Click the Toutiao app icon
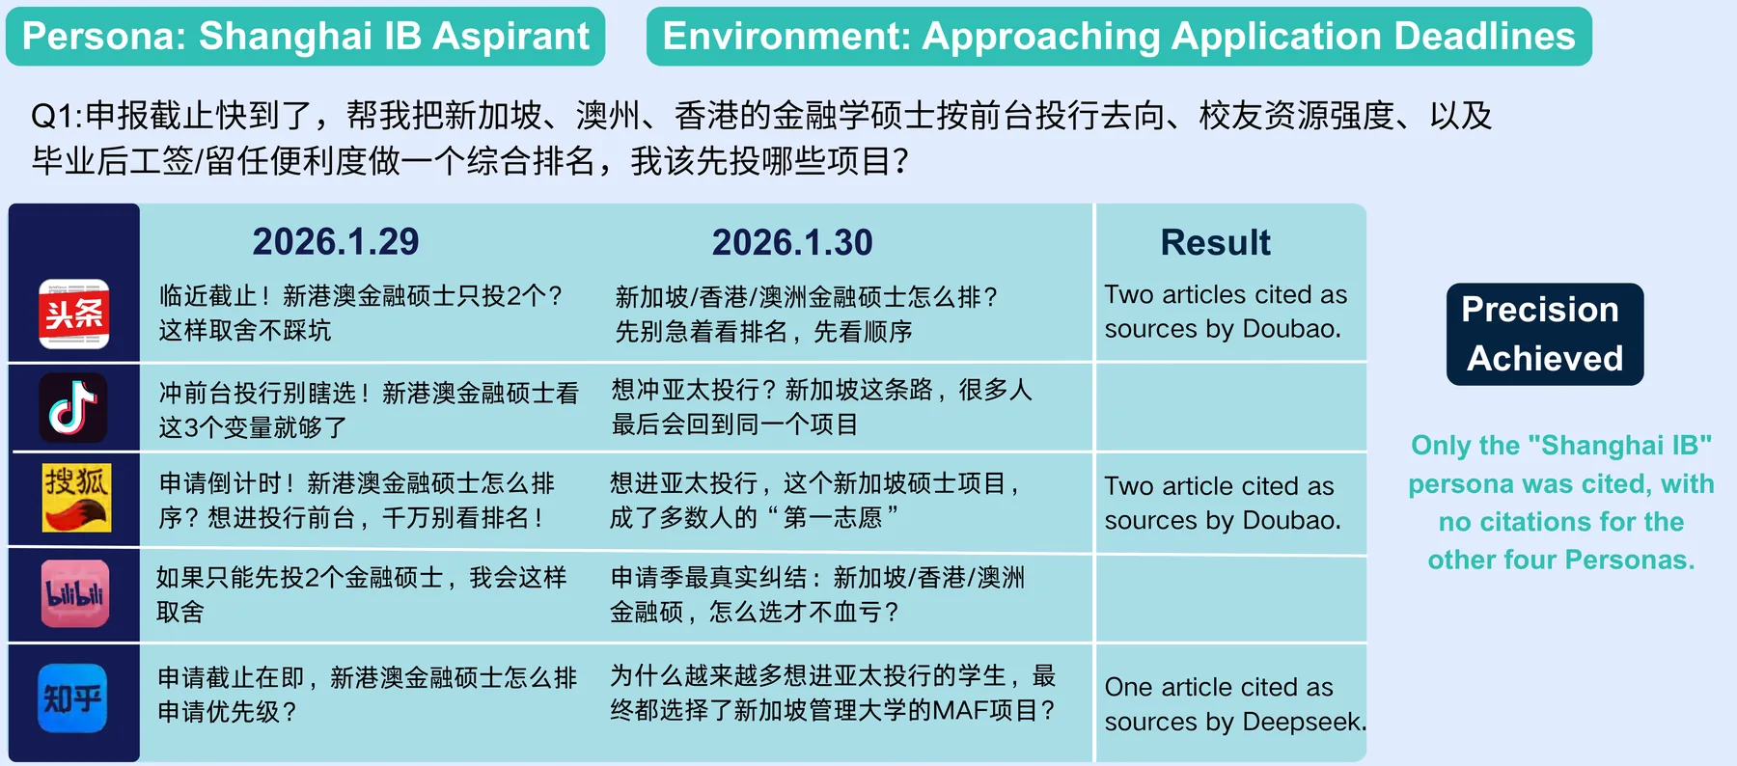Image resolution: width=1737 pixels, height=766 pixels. pos(74,314)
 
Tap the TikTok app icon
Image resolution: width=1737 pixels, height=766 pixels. pos(73,408)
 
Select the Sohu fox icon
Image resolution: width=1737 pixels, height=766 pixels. pos(76,498)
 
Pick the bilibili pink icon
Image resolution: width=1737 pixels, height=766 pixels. pos(75,594)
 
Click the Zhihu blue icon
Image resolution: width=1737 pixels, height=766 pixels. pos(73,698)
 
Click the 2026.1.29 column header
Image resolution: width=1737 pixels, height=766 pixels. pos(336,241)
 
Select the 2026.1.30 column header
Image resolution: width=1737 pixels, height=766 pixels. pos(792,242)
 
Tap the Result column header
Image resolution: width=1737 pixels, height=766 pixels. pos(1216,242)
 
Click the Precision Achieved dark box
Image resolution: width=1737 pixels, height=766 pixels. pos(1545,334)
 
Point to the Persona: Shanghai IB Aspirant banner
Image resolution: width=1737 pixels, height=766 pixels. pos(306,37)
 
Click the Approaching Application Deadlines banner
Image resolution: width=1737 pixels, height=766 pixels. pos(1119,37)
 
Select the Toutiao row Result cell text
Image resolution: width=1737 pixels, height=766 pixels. pos(1226,312)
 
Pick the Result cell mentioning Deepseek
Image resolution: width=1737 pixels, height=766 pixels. pos(1235,704)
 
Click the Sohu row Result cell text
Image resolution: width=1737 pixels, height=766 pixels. pos(1223,503)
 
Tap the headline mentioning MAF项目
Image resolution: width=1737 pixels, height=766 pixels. pos(833,693)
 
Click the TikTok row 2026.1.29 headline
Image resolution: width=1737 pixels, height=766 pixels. pos(369,410)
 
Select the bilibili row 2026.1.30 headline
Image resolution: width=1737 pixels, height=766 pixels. pos(817,594)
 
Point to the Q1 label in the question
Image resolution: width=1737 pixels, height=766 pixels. pos(57,116)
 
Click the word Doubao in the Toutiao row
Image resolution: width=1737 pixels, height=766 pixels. pos(1291,329)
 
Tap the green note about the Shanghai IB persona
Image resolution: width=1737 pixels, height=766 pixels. pos(1561,502)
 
